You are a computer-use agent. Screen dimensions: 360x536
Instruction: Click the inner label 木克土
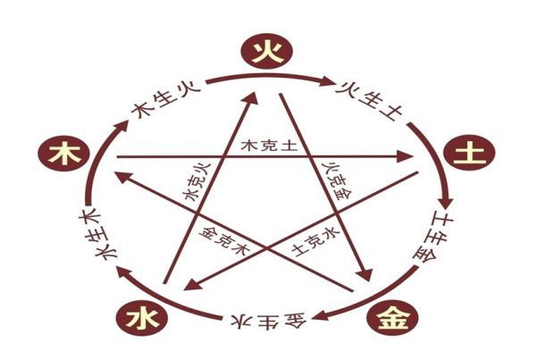click(264, 145)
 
